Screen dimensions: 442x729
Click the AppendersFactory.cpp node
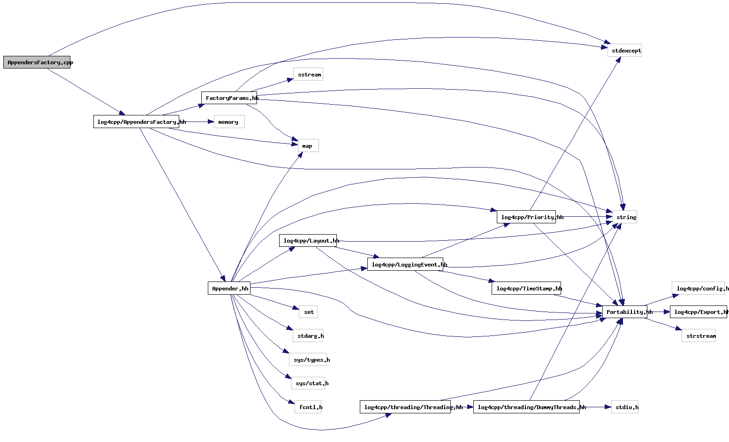[x=37, y=62]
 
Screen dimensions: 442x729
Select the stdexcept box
[x=624, y=51]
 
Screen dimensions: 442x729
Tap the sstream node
[x=308, y=75]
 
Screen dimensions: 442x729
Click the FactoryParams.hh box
[x=229, y=98]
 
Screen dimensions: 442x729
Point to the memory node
[x=229, y=122]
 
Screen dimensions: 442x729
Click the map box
[x=308, y=146]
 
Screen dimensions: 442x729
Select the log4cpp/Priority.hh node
[x=526, y=217]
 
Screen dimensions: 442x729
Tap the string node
[x=624, y=217]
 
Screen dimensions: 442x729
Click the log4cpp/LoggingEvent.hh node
[x=405, y=265]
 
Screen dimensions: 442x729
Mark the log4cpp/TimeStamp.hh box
[x=526, y=289]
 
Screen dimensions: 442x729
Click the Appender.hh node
[x=229, y=289]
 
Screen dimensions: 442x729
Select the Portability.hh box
[x=624, y=312]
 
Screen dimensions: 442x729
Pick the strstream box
[x=699, y=336]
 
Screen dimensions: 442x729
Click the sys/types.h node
[x=308, y=360]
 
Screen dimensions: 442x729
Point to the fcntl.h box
[x=308, y=407]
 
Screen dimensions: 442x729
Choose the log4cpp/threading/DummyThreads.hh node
[x=526, y=407]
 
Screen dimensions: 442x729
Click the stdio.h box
[x=624, y=407]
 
